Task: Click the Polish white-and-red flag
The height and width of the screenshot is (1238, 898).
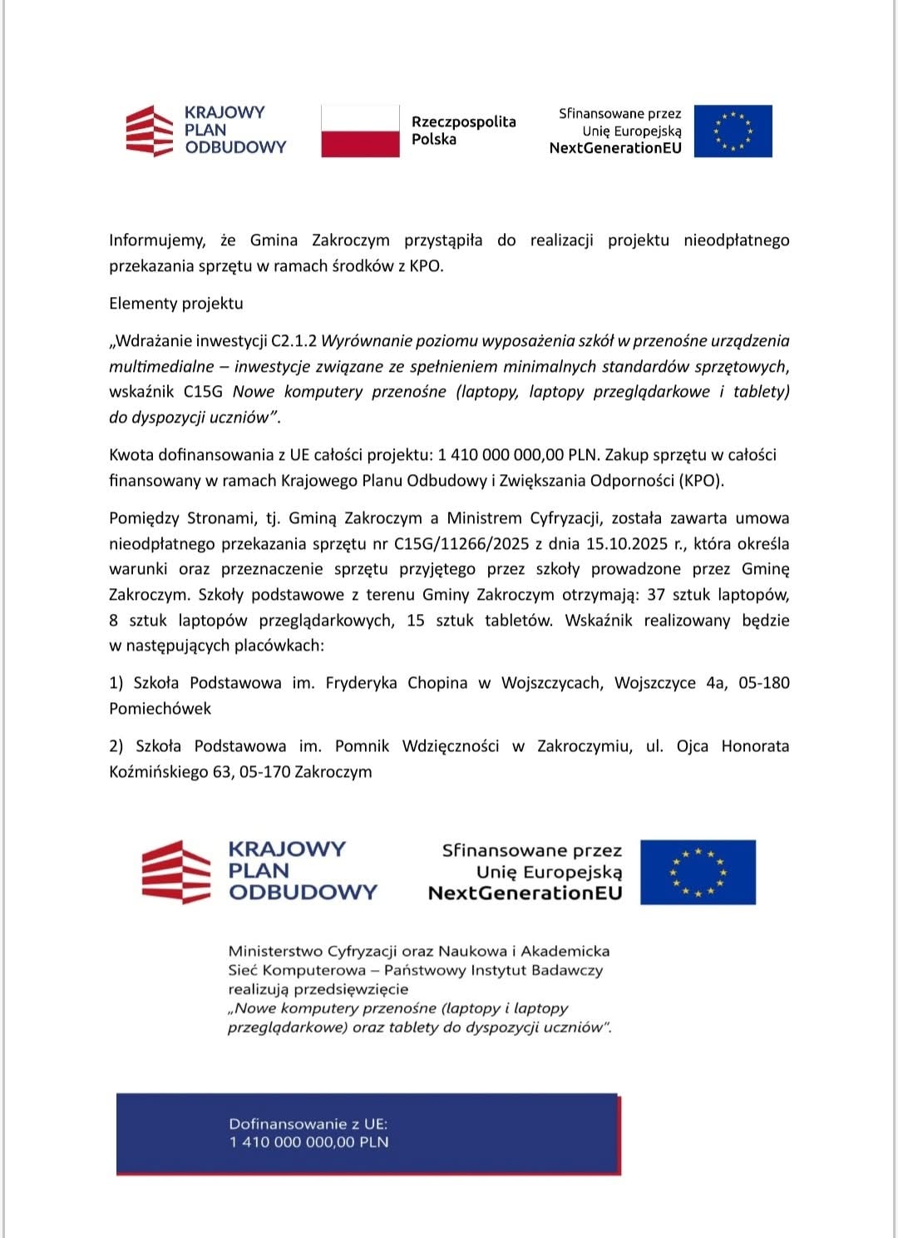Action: [360, 131]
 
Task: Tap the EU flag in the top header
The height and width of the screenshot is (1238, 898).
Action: [733, 131]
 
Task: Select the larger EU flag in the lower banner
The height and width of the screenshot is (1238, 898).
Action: [698, 872]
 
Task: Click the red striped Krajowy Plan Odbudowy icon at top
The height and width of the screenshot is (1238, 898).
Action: [150, 131]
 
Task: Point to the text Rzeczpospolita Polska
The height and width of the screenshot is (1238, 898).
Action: [463, 131]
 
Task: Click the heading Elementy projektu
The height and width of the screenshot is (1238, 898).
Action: [176, 304]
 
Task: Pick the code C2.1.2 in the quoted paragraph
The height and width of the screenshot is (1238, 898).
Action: [294, 341]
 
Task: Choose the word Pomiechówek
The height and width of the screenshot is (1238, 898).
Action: [160, 709]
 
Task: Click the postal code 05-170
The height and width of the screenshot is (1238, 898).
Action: [264, 772]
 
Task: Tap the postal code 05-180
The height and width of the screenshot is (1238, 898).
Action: [763, 683]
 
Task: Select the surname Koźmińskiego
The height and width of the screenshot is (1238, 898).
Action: [158, 772]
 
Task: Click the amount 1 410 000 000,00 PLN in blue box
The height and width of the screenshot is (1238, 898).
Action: [309, 1142]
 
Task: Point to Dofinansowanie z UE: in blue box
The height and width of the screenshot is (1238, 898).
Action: [308, 1123]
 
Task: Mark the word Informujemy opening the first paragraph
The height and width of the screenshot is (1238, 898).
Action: [157, 240]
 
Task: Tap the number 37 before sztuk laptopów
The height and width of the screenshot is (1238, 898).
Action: [656, 595]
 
